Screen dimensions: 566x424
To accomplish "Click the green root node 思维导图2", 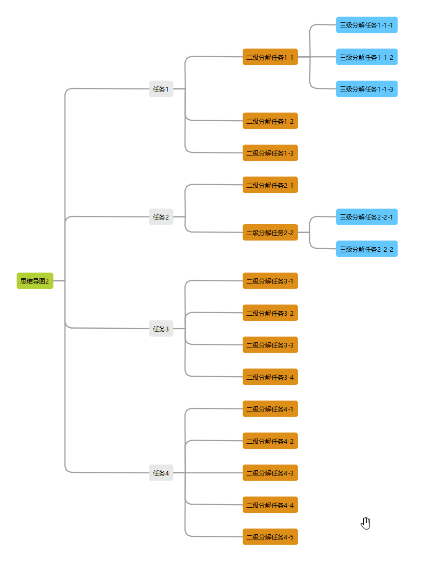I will coord(35,281).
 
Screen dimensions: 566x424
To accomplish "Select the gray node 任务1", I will coord(161,89).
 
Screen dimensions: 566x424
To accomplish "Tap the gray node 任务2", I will coord(161,217).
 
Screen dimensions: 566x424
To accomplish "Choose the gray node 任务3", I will coord(161,328).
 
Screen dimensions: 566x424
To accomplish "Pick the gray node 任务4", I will coord(161,473).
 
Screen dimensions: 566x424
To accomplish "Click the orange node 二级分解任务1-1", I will coord(270,57).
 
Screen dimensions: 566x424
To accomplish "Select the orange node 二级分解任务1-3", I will coord(270,153).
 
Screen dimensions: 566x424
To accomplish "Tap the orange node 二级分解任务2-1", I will coord(270,185).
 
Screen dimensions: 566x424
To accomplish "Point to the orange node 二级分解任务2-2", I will coord(270,233).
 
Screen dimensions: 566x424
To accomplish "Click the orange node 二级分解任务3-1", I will coord(270,281).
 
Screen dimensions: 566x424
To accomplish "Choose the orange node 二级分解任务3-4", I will coord(270,377).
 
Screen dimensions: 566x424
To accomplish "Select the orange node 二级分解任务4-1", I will coord(270,409).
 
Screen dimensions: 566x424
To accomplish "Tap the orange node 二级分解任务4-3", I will coord(270,473).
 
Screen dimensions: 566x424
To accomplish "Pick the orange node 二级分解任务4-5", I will coord(270,537).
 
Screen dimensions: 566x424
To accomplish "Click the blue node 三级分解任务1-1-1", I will coord(367,25).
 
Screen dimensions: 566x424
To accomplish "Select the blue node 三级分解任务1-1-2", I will coord(367,57).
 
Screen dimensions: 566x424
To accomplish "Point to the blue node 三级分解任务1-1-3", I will coord(367,89).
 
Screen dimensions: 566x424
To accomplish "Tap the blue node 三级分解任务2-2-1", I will coord(367,217).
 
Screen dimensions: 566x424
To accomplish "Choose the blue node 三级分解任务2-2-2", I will coord(367,249).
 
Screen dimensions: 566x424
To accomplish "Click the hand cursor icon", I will coord(366,523).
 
